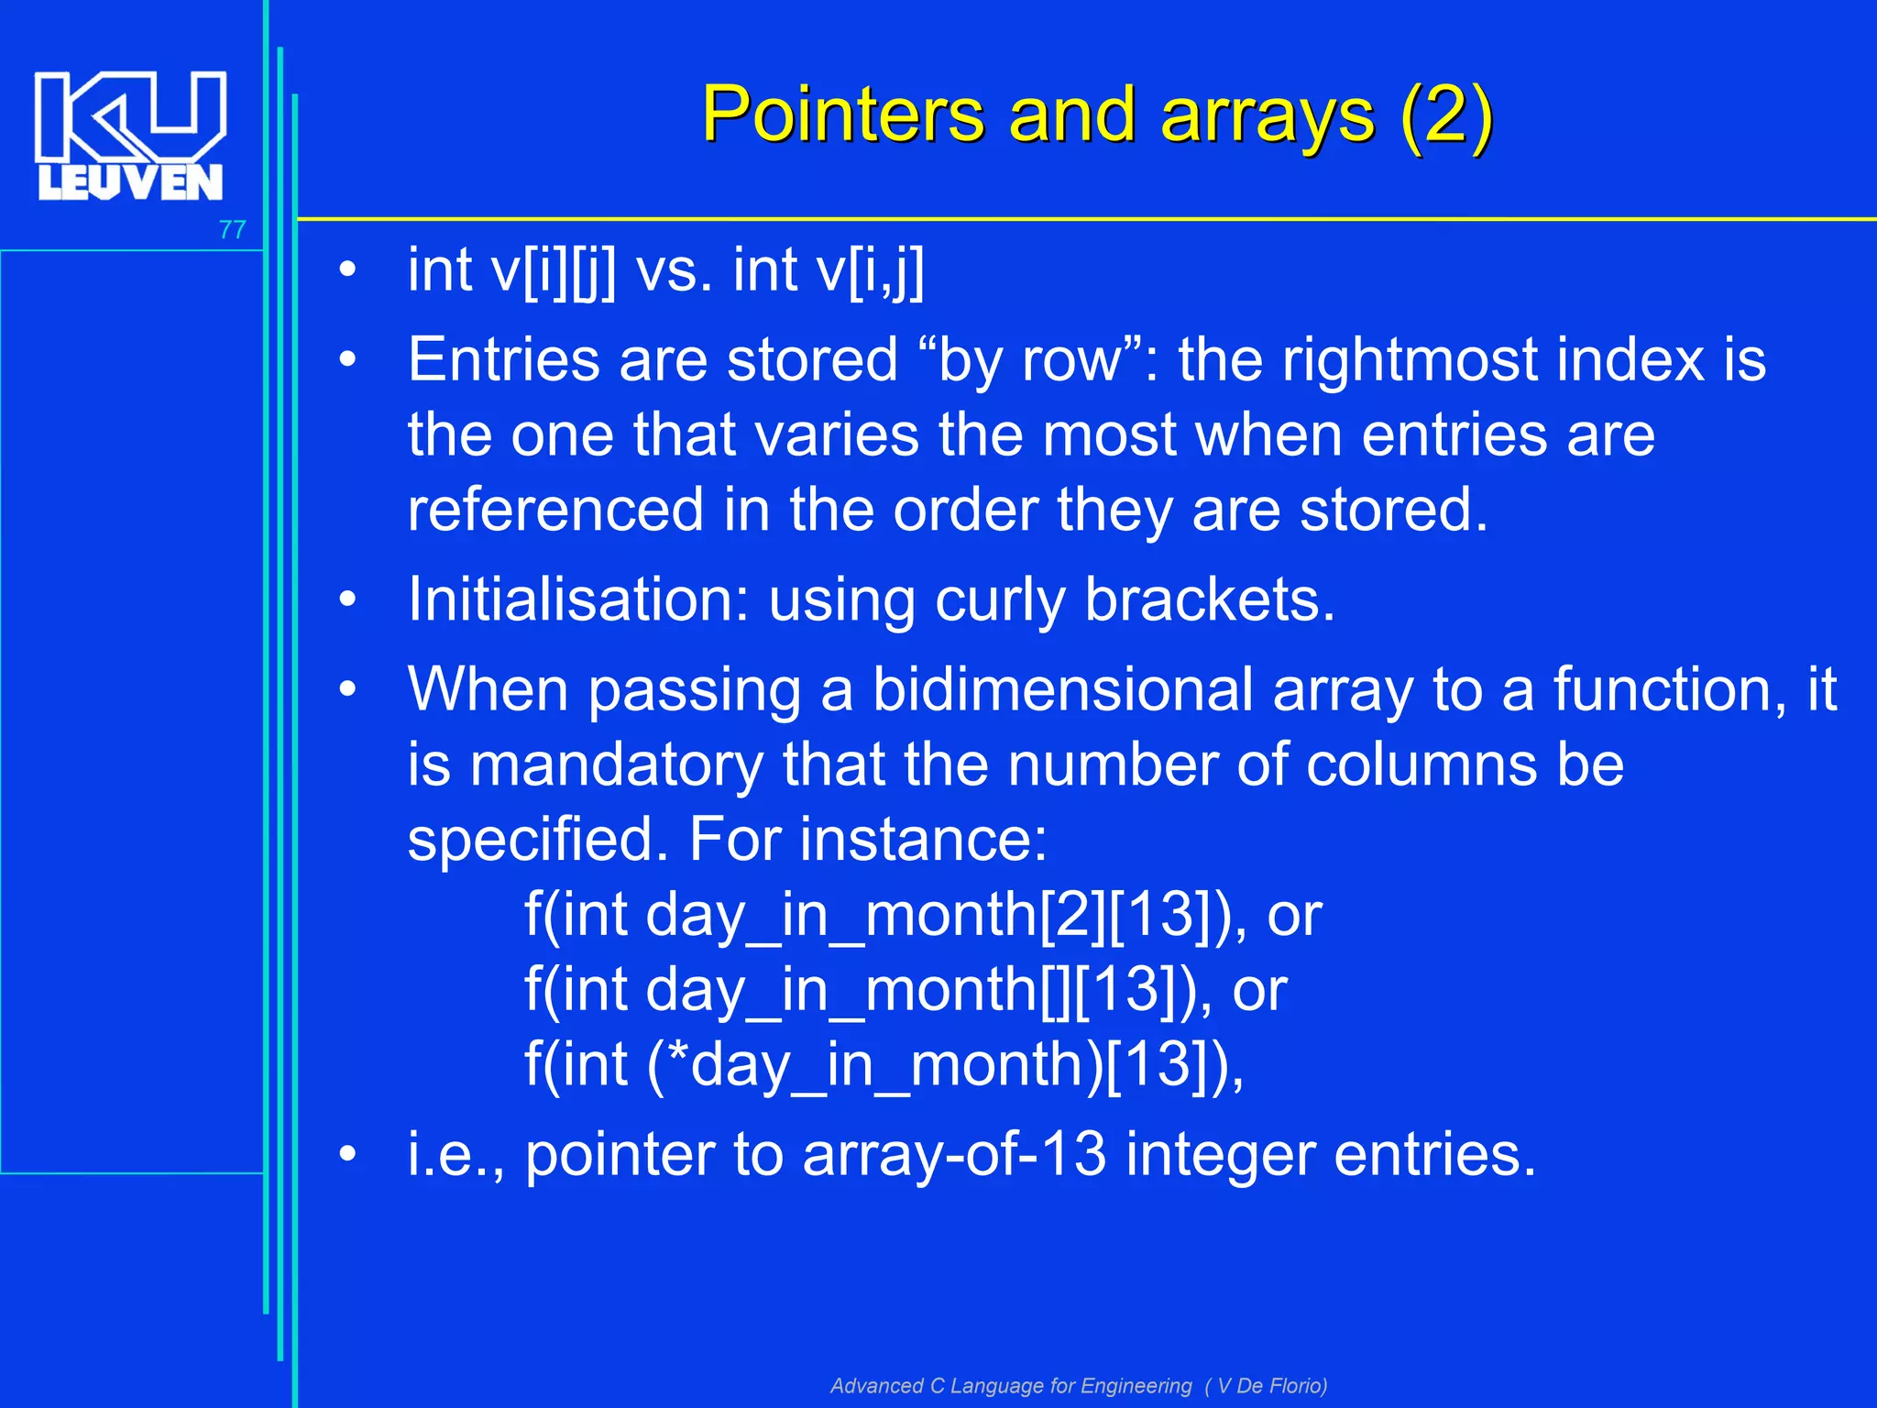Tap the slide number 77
pyautogui.click(x=233, y=229)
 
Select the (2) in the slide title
pyautogui.click(x=1446, y=115)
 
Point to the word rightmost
pyautogui.click(x=1435, y=359)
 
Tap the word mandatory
pyautogui.click(x=616, y=764)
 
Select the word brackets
pyautogui.click(x=1210, y=600)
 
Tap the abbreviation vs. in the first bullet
pyautogui.click(x=674, y=271)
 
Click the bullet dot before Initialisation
pyautogui.click(x=347, y=600)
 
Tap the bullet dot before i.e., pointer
pyautogui.click(x=347, y=1154)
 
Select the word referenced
pyautogui.click(x=556, y=510)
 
